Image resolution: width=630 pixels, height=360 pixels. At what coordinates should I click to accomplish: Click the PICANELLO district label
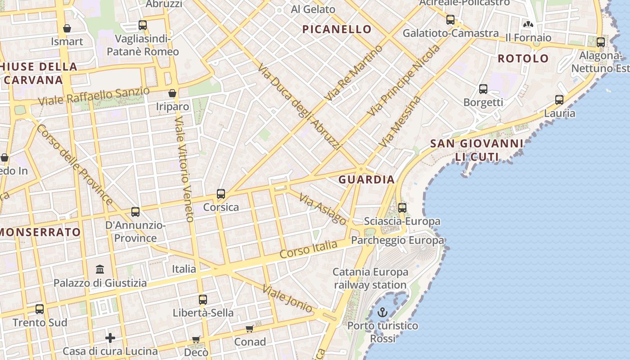coord(337,30)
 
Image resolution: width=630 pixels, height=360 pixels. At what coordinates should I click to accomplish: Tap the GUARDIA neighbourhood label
coord(366,180)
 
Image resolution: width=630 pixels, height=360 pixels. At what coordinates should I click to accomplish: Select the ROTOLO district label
coord(523,58)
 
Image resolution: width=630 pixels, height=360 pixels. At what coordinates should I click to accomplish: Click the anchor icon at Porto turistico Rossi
coord(382,312)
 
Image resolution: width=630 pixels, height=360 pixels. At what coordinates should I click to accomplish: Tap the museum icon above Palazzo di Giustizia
coord(100,270)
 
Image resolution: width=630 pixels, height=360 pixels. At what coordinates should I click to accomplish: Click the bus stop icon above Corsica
coord(221,194)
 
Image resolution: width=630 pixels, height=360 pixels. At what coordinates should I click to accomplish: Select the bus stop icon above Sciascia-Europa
coord(402,208)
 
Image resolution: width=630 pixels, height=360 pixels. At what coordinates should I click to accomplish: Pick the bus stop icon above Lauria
coord(559,100)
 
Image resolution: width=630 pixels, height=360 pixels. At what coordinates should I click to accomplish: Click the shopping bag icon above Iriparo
coord(172,93)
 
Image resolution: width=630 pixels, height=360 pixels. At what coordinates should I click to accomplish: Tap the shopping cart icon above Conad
coord(250,329)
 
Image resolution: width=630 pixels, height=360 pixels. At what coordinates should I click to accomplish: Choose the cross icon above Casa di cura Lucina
coord(110,337)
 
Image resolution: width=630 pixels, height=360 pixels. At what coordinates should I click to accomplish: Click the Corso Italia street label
coord(308,249)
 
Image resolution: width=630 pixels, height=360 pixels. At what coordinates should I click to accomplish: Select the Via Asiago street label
coord(323,210)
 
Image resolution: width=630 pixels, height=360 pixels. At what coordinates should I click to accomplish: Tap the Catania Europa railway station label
coord(370,278)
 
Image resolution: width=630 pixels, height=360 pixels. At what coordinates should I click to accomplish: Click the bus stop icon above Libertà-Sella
coord(203,300)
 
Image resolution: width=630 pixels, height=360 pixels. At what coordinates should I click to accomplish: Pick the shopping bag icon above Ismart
coord(67,29)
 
